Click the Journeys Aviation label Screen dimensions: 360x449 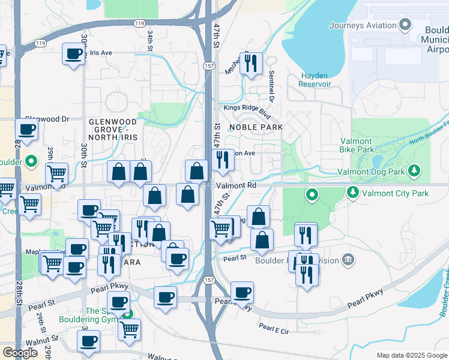click(x=363, y=25)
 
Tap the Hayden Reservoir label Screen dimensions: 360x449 click(x=315, y=80)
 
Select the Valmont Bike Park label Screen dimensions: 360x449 click(x=357, y=145)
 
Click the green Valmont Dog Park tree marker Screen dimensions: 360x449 click(x=414, y=172)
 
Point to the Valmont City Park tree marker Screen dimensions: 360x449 click(x=352, y=193)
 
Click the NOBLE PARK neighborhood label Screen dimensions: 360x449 click(x=255, y=127)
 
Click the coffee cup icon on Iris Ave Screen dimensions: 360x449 click(x=74, y=54)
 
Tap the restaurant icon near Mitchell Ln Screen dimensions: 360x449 click(x=251, y=62)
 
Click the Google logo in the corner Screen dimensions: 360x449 click(x=19, y=352)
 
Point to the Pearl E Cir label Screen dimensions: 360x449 click(x=274, y=328)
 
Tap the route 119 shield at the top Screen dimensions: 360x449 click(x=139, y=23)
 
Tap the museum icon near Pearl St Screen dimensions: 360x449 click(x=348, y=260)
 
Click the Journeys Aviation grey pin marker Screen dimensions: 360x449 click(x=405, y=25)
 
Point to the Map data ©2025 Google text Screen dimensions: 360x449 click(x=411, y=355)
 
